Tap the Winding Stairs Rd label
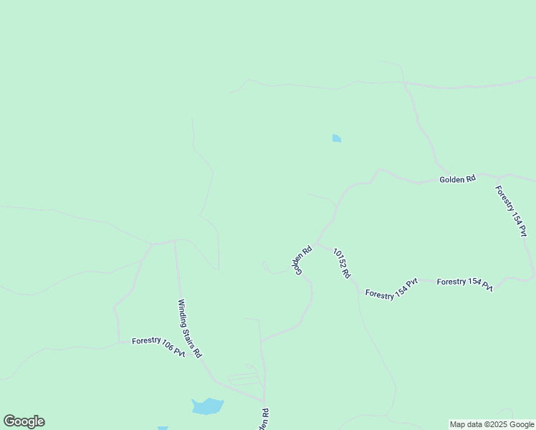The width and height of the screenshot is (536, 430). click(190, 328)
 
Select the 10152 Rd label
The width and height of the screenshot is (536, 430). click(341, 262)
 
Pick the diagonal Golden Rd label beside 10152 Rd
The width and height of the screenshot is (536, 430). click(302, 260)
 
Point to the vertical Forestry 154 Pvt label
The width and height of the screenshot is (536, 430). click(512, 211)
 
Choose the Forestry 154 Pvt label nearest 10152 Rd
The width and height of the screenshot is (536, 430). click(391, 289)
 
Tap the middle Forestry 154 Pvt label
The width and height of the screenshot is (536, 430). click(464, 284)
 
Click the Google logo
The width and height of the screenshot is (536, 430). click(24, 421)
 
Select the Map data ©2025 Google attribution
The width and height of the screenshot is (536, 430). click(492, 424)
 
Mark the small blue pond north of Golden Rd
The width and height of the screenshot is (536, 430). click(336, 138)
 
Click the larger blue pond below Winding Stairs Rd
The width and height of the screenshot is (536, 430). click(208, 406)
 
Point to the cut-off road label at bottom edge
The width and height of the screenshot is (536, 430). click(264, 420)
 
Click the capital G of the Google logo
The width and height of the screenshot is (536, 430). click(9, 421)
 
